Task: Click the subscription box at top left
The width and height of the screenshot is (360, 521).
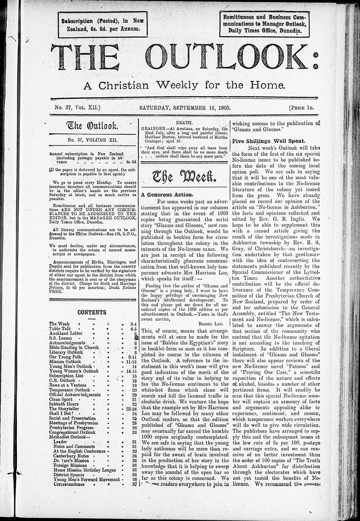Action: coord(103,24)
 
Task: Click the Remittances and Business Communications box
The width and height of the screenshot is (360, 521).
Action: coord(265,24)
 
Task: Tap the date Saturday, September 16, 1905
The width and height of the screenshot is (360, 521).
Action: coord(185,107)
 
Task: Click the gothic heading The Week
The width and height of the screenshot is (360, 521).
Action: coord(185,176)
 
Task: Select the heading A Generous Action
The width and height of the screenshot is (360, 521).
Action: coord(162,194)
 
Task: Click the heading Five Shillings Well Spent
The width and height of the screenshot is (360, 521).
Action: coord(269,141)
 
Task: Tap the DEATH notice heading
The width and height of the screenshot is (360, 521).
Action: coord(185,123)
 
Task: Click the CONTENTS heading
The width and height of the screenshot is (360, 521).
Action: coord(92,312)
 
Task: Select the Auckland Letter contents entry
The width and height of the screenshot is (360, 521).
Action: coord(66,333)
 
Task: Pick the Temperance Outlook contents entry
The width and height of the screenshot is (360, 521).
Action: coord(70,390)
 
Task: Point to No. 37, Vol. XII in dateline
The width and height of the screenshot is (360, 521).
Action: coord(77,107)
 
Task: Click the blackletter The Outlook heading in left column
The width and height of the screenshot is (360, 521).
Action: coord(92,126)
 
